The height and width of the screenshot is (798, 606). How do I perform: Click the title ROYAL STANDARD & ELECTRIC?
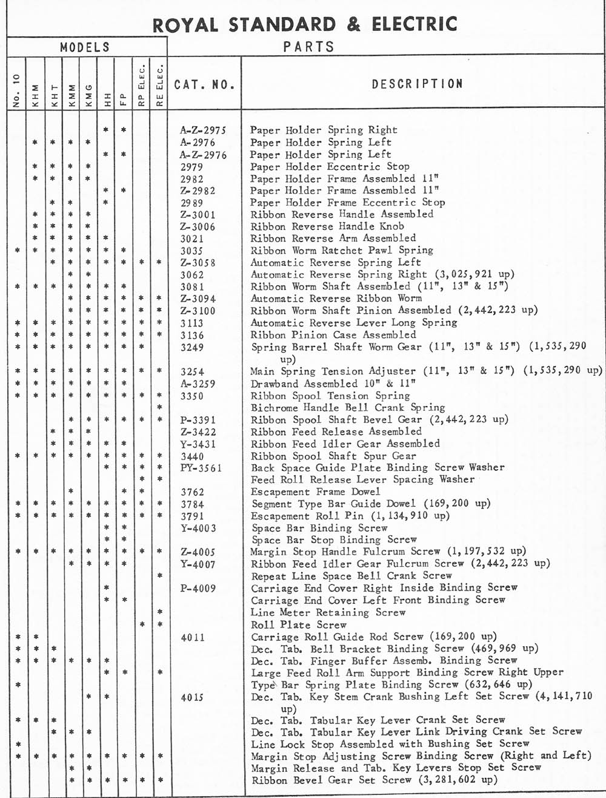pyautogui.click(x=305, y=24)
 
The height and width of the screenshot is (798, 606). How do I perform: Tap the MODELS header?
pyautogui.click(x=85, y=47)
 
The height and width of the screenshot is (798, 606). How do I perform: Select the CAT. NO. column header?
pyautogui.click(x=204, y=84)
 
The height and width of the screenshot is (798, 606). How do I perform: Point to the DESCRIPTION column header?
pyautogui.click(x=418, y=84)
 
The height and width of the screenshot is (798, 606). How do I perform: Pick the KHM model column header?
pyautogui.click(x=35, y=95)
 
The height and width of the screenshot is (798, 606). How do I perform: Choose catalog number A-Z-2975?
pyautogui.click(x=203, y=130)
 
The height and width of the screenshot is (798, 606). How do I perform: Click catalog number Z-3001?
pyautogui.click(x=198, y=215)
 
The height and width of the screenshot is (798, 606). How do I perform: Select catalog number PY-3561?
pyautogui.click(x=201, y=468)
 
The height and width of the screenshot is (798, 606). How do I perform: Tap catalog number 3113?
pyautogui.click(x=192, y=323)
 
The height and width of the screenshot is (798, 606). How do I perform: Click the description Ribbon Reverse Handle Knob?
pyautogui.click(x=327, y=226)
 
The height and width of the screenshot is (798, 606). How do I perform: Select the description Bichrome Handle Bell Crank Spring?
pyautogui.click(x=348, y=407)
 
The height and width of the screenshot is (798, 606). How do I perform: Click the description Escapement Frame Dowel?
pyautogui.click(x=316, y=492)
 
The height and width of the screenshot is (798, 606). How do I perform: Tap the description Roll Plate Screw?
pyautogui.click(x=299, y=624)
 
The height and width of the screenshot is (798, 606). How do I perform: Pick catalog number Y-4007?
pyautogui.click(x=198, y=564)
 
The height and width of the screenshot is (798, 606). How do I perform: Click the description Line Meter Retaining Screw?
pyautogui.click(x=328, y=612)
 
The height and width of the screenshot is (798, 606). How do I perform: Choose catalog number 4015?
pyautogui.click(x=192, y=697)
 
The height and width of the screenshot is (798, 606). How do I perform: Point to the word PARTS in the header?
pyautogui.click(x=308, y=47)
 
